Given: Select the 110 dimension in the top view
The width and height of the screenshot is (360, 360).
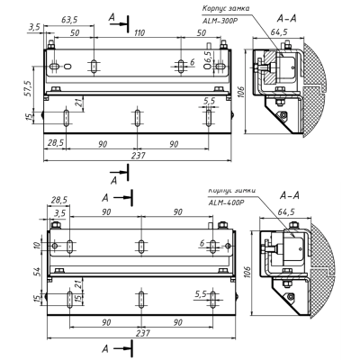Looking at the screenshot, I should tap(139, 32).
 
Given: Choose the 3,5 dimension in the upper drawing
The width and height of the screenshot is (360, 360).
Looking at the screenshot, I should tap(34, 29).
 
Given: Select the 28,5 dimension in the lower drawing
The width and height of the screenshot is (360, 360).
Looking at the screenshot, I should tap(59, 200).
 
